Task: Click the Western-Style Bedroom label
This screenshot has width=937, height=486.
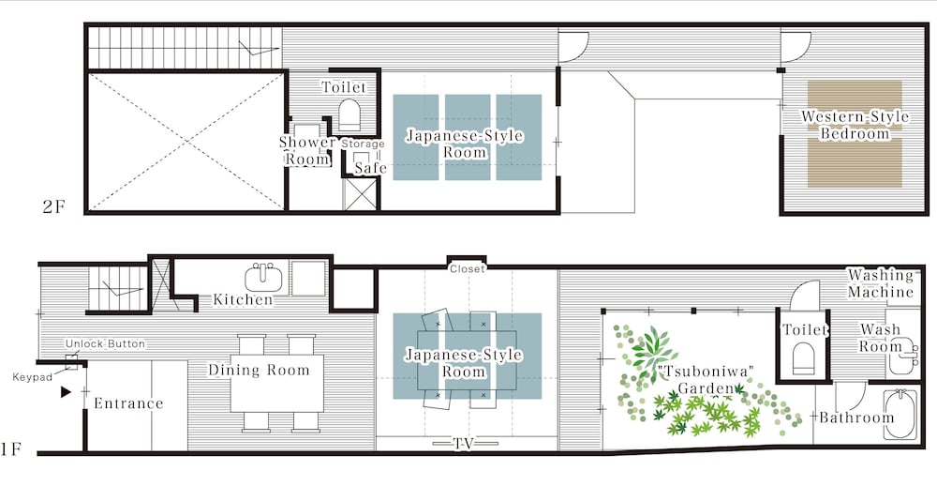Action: (x=855, y=125)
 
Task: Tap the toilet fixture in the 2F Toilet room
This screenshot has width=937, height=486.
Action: (x=350, y=114)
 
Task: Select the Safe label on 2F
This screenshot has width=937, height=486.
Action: (x=370, y=168)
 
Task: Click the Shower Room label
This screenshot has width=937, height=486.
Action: (x=307, y=151)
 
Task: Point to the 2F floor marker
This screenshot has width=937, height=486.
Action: (x=53, y=207)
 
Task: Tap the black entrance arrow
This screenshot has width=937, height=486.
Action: (x=66, y=392)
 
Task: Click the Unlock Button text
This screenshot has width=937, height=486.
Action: (x=105, y=344)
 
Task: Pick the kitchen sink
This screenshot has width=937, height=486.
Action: (x=263, y=277)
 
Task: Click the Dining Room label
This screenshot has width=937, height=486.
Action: (x=259, y=371)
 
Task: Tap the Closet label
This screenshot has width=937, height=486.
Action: (x=468, y=269)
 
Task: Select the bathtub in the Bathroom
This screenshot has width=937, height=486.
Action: (x=899, y=414)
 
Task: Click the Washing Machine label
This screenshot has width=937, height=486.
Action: (x=881, y=283)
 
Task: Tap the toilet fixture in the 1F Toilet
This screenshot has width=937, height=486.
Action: (x=804, y=357)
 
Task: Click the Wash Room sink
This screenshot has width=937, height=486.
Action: (x=902, y=357)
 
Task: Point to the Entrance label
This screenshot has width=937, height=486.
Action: (x=128, y=403)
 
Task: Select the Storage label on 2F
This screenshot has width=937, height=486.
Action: (x=363, y=144)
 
